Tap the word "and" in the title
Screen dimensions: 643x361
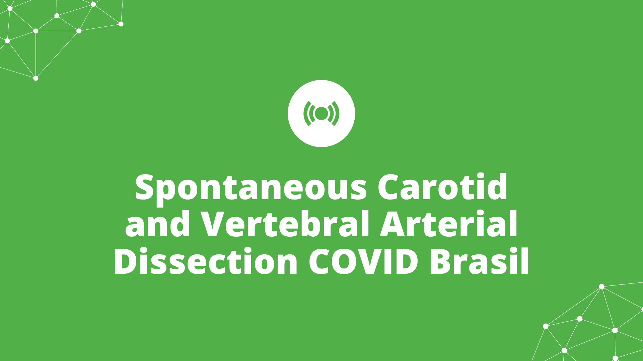click(158, 224)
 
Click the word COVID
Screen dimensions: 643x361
click(364, 261)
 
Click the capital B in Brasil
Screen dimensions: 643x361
click(442, 261)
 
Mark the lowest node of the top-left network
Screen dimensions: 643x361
click(36, 78)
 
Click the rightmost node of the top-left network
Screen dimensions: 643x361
click(121, 24)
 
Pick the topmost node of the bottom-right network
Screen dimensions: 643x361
click(601, 287)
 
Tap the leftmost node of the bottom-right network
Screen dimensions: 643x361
click(546, 326)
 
